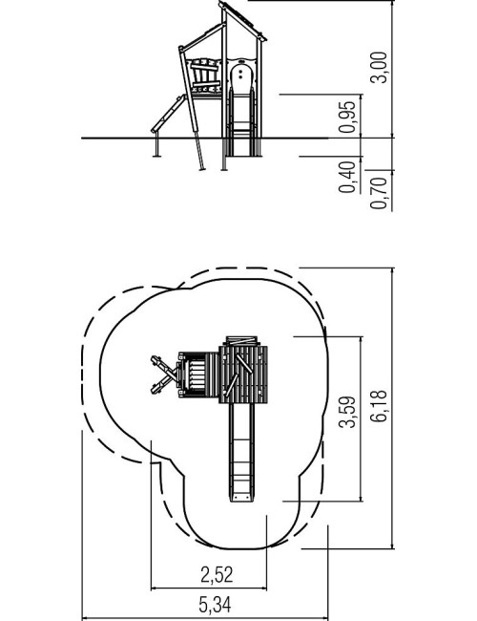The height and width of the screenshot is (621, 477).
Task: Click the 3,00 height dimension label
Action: tap(378, 67)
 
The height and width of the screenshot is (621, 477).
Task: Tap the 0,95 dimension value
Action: tap(347, 117)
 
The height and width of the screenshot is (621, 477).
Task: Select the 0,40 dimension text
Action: tap(347, 177)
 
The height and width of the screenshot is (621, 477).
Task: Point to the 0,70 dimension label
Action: tap(378, 193)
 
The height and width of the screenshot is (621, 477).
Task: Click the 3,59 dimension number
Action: tap(347, 412)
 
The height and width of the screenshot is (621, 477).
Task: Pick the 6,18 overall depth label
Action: tap(378, 406)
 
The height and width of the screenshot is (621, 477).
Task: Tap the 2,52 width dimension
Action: tap(217, 574)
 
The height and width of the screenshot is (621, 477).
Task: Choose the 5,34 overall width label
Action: tap(215, 605)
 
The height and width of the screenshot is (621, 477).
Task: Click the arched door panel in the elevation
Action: tap(240, 79)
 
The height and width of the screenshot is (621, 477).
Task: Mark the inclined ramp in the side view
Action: tap(169, 114)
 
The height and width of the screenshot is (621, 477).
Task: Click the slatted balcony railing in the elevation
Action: tap(204, 76)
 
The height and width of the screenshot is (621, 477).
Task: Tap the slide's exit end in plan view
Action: tap(241, 497)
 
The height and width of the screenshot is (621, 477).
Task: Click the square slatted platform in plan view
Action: tap(243, 375)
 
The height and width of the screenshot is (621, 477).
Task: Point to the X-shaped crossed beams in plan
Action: tap(164, 375)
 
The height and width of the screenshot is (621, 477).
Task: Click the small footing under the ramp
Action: tap(156, 145)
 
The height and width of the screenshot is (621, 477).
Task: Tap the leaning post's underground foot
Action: tap(199, 155)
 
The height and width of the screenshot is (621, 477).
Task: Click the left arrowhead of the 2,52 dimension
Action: tap(154, 589)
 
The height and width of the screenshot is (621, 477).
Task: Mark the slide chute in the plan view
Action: tap(241, 452)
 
